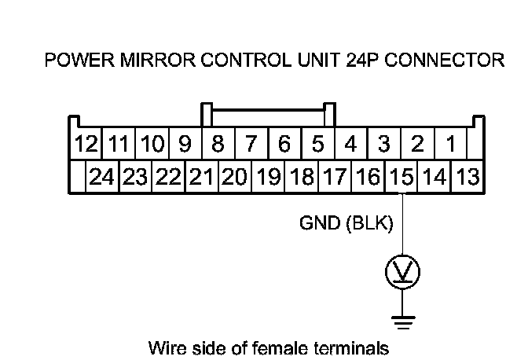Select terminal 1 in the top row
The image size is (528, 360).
click(x=451, y=145)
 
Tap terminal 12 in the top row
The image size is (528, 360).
click(x=86, y=145)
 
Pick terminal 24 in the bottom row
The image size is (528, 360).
click(x=102, y=176)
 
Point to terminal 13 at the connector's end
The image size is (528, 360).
click(x=467, y=176)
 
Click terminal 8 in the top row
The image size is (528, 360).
click(x=218, y=145)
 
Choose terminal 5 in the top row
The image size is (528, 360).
click(x=318, y=145)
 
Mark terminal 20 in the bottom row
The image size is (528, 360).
click(x=234, y=176)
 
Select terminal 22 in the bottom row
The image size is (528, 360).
click(x=168, y=176)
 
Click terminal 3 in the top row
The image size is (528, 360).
click(x=384, y=145)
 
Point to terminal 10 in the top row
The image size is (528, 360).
click(x=152, y=145)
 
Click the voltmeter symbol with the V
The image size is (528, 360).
click(x=401, y=273)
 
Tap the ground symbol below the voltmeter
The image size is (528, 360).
click(x=401, y=320)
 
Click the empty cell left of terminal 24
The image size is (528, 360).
click(x=78, y=176)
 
